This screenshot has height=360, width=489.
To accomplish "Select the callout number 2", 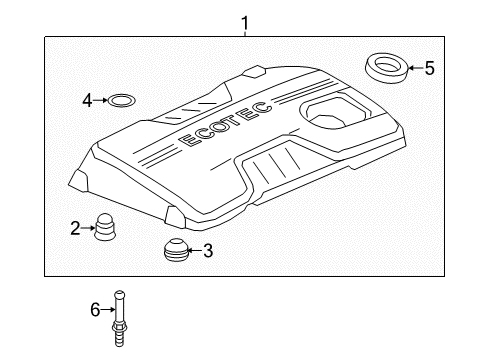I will [76, 229].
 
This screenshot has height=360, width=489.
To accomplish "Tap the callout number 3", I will [208, 250].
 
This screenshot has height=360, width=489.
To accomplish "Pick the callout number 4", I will [88, 100].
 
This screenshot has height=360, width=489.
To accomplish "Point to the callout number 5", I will [429, 68].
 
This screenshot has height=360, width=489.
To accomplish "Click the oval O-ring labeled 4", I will [121, 100].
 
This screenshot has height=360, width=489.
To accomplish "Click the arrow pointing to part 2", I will [88, 229].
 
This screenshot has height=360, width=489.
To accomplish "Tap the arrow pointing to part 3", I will [194, 250].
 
